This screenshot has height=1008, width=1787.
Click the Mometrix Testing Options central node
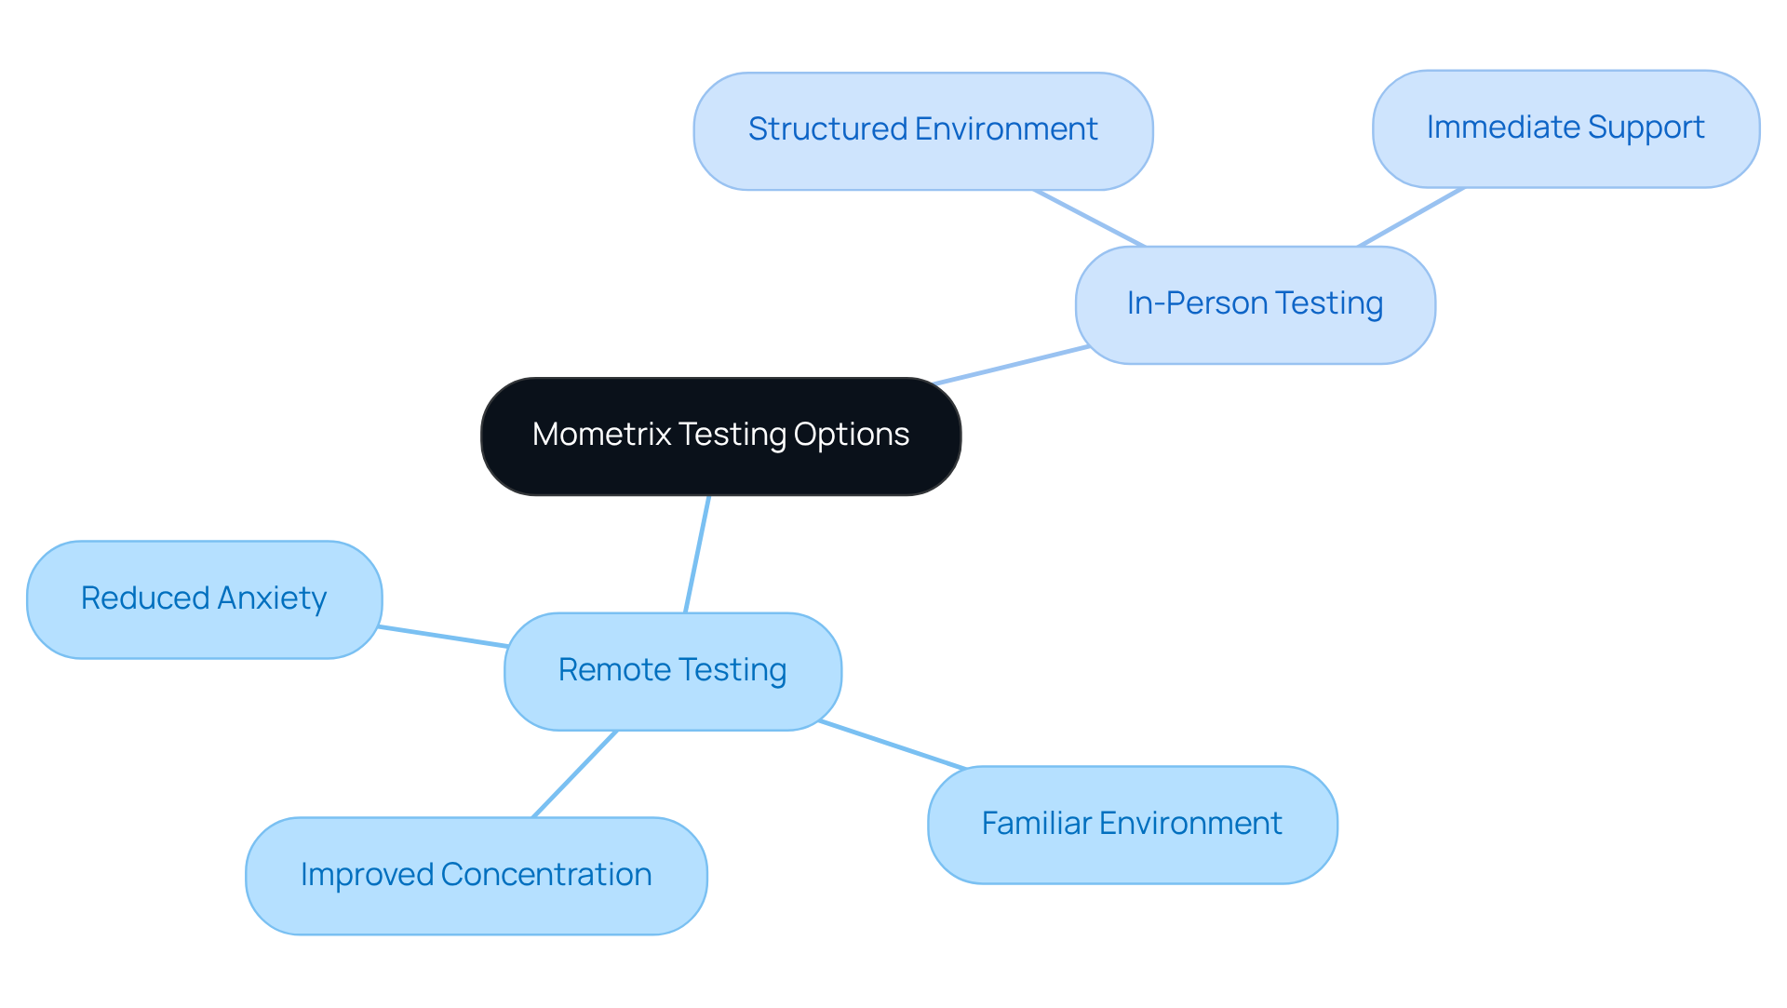click(x=720, y=436)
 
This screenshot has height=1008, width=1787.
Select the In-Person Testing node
click(x=1255, y=304)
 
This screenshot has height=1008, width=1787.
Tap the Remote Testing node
click(x=672, y=670)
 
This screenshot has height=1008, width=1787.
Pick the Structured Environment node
click(x=922, y=130)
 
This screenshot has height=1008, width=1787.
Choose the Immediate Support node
click(x=1565, y=128)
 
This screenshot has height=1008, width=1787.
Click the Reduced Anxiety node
click(x=204, y=599)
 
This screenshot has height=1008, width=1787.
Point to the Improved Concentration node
click(x=476, y=875)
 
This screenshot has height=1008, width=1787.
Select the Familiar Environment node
click(x=1132, y=824)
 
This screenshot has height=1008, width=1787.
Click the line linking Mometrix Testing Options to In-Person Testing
click(x=1012, y=365)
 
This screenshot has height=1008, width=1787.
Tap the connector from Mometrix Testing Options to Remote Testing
click(x=697, y=554)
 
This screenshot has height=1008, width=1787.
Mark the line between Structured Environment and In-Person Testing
click(x=1089, y=219)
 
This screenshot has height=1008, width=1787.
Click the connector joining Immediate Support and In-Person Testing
click(x=1410, y=217)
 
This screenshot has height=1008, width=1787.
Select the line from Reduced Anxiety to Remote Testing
click(x=443, y=637)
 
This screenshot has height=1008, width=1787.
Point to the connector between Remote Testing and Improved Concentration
click(x=574, y=773)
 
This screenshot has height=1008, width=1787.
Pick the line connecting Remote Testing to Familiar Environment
click(x=893, y=745)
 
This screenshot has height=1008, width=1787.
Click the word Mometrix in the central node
click(x=601, y=435)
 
